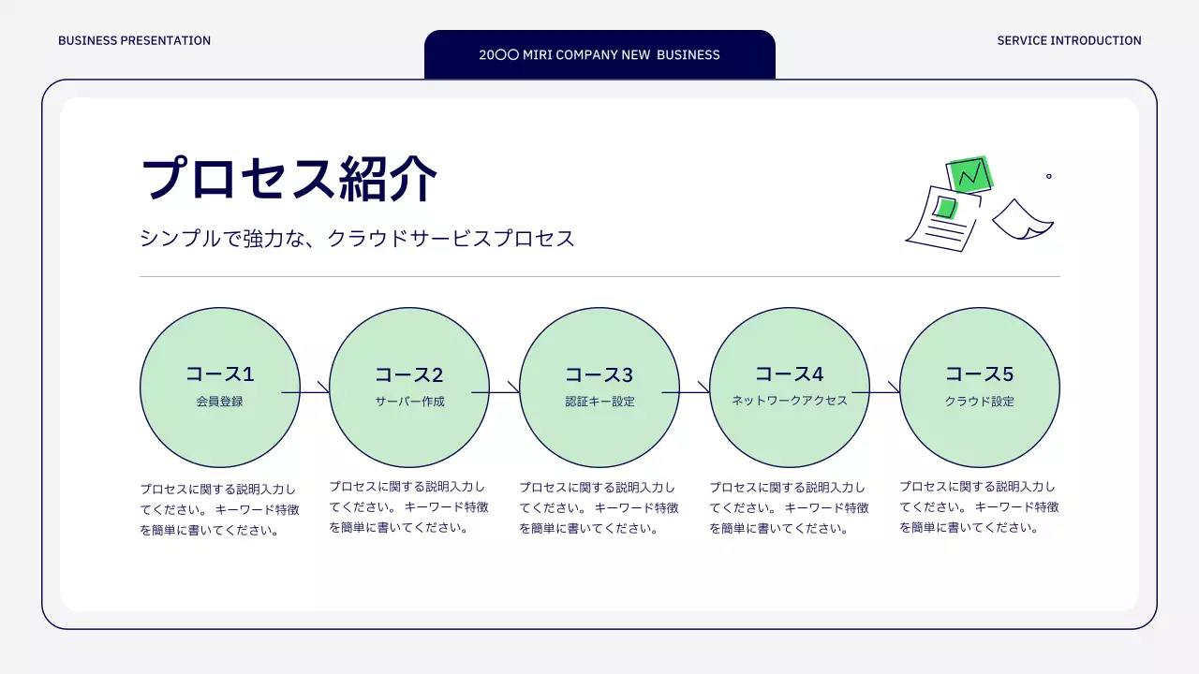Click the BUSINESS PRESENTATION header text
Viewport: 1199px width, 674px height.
tap(134, 40)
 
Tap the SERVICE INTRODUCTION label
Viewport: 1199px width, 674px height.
tap(1069, 40)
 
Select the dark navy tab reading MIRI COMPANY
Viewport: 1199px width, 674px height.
tap(599, 54)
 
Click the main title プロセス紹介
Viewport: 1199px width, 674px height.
tap(289, 178)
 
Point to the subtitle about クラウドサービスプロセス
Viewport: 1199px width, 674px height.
tap(357, 238)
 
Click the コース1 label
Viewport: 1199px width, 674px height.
tap(219, 374)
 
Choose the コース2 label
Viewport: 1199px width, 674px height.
tap(409, 375)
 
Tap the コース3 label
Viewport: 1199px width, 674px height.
tap(599, 375)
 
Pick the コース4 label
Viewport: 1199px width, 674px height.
tap(789, 374)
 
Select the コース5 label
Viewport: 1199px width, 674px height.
tap(979, 374)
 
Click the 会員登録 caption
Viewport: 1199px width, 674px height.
tap(219, 402)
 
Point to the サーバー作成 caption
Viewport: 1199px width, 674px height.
tap(409, 402)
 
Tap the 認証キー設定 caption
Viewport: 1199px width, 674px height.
tap(599, 402)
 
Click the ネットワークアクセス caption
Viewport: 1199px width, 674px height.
tap(789, 401)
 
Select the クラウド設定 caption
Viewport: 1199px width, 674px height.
tap(979, 402)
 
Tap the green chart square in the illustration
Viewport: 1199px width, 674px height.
tap(970, 174)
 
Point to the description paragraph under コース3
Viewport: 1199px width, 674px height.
tap(599, 507)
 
